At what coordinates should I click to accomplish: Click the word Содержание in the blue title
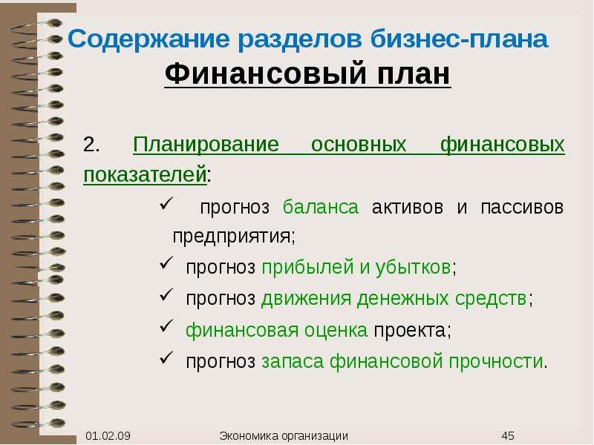pos(148,40)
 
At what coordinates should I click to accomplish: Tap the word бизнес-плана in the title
pos(459,39)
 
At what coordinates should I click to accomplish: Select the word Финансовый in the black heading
pos(265,74)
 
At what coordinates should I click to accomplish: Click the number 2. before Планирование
pos(91,145)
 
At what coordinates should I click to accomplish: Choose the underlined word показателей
pos(145,175)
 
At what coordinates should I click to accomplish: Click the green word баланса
pos(321,207)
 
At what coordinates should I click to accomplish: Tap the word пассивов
pos(522,208)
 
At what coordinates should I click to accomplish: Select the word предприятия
pos(232,237)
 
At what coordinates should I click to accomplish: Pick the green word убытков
pos(413,267)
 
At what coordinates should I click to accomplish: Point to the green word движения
pos(306,299)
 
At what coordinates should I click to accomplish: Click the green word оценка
pos(336,330)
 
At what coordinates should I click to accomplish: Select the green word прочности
pos(496,361)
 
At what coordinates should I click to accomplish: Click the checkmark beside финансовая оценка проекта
pos(166,326)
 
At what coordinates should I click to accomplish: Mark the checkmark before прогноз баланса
pos(166,202)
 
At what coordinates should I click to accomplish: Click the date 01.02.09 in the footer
pos(108,436)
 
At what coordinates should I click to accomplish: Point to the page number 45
pos(508,436)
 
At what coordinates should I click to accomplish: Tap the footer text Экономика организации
pos(284,436)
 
